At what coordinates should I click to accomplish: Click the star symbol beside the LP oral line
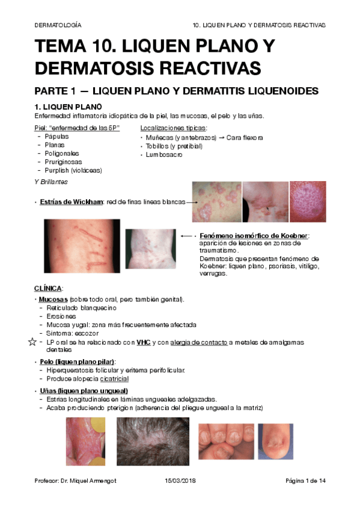(32, 342)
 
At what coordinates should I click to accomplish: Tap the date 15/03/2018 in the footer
(180, 481)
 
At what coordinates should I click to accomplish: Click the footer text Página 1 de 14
(306, 481)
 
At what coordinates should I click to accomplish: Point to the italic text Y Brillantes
(51, 181)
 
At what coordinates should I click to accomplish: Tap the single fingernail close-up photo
(275, 441)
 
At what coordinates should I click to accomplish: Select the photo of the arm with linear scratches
(81, 247)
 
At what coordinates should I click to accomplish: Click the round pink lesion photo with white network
(307, 202)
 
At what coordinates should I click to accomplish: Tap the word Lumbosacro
(164, 155)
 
